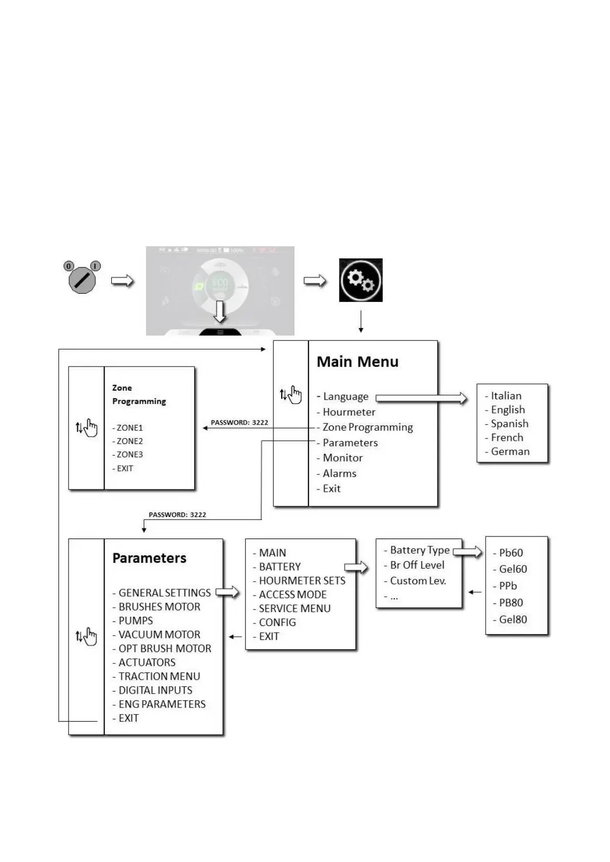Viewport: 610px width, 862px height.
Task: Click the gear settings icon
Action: pyautogui.click(x=361, y=280)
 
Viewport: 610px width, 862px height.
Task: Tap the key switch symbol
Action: pyautogui.click(x=82, y=279)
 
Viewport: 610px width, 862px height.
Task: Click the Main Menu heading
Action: pyautogui.click(x=357, y=361)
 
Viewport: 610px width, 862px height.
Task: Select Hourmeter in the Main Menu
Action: pyautogui.click(x=349, y=412)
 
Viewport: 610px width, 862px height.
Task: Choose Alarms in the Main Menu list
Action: pyautogui.click(x=339, y=473)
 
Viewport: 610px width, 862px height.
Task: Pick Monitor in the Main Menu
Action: pyautogui.click(x=342, y=458)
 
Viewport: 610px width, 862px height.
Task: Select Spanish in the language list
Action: pyautogui.click(x=509, y=423)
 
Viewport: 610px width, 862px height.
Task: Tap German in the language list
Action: pyautogui.click(x=510, y=451)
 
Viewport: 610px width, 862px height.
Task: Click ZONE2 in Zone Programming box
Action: pyautogui.click(x=129, y=441)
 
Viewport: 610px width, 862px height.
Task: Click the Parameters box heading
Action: pyautogui.click(x=149, y=558)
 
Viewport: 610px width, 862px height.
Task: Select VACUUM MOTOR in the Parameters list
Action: pyautogui.click(x=159, y=634)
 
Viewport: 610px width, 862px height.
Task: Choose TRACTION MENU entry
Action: pyautogui.click(x=159, y=676)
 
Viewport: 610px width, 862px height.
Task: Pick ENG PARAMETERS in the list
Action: pyautogui.click(x=162, y=704)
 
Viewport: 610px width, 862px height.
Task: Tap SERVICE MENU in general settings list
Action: pyautogui.click(x=295, y=608)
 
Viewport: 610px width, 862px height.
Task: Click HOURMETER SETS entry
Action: pyautogui.click(x=302, y=580)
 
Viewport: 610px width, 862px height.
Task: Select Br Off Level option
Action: pyautogui.click(x=417, y=565)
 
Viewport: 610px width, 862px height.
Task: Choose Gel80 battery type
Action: pyautogui.click(x=513, y=619)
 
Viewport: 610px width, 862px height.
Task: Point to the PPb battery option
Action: pyautogui.click(x=508, y=586)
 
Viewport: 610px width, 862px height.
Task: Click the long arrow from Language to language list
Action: pyautogui.click(x=421, y=398)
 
